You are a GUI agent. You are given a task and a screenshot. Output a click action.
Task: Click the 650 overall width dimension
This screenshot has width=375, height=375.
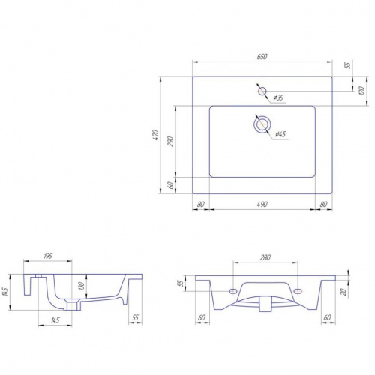pos(262,57)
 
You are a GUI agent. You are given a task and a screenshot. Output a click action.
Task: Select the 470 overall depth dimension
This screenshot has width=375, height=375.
pos(156,135)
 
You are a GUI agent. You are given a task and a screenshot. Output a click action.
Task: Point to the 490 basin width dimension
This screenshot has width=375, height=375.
pos(262,204)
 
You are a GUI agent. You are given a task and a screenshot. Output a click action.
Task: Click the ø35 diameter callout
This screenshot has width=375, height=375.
pos(278,97)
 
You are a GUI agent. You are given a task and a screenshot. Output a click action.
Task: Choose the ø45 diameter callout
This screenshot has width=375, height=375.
pos(280,134)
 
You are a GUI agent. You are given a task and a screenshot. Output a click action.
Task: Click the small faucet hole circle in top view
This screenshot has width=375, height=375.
pos(262,91)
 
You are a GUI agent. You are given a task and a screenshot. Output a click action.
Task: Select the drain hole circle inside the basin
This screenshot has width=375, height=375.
pos(262,124)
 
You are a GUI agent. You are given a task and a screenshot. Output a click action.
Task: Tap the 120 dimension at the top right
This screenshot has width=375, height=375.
pos(361,91)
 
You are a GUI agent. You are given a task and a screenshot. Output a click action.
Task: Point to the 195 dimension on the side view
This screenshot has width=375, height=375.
pos(48,256)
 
